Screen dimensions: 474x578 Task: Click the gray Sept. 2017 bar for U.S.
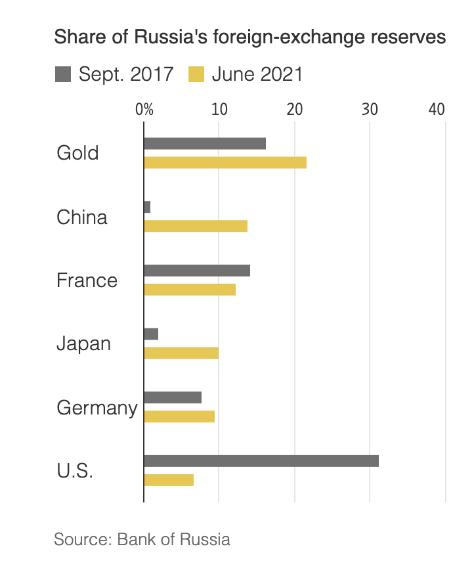(x=261, y=461)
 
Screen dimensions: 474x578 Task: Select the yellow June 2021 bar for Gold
(x=225, y=163)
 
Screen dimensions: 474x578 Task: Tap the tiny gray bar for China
(x=147, y=207)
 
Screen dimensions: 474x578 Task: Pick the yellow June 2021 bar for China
(x=196, y=226)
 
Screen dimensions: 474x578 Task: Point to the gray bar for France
(x=197, y=271)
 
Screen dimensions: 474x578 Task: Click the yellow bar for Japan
(x=181, y=353)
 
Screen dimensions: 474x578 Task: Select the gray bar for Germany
(x=173, y=397)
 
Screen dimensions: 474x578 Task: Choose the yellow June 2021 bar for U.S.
(x=169, y=480)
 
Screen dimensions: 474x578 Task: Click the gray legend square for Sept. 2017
(x=63, y=74)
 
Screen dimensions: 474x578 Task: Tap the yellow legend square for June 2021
(x=196, y=74)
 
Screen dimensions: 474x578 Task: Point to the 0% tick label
(x=144, y=110)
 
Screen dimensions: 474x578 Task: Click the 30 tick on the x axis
(x=370, y=110)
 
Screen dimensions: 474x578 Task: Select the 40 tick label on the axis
(x=437, y=110)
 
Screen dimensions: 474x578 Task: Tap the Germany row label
(x=97, y=409)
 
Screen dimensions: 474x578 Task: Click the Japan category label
(x=83, y=344)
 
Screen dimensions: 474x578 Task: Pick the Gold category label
(x=77, y=152)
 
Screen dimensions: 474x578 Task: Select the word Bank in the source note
(x=136, y=539)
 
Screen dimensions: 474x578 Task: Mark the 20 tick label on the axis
(x=295, y=110)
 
